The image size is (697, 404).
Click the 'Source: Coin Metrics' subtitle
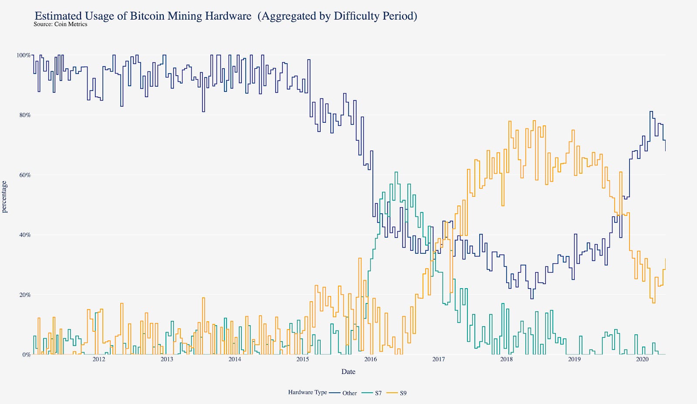[60, 24]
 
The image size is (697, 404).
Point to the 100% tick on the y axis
[24, 55]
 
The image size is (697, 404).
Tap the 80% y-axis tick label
[24, 115]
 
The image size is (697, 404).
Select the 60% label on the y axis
[24, 175]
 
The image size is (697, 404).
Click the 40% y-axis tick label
[24, 235]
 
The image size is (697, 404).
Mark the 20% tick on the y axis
[24, 295]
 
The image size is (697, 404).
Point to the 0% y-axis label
[26, 355]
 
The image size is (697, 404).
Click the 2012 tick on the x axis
[99, 359]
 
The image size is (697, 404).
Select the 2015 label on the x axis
[302, 359]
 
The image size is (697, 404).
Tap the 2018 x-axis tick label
[506, 359]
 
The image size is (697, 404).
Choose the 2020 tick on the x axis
[642, 359]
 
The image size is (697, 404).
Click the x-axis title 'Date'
[348, 372]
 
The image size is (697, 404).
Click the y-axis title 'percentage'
[5, 197]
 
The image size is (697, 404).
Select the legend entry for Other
[349, 393]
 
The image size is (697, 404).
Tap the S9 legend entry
[403, 393]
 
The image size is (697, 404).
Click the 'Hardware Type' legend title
[307, 392]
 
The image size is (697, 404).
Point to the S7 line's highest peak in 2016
[396, 172]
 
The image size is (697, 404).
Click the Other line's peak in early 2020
[651, 111]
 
